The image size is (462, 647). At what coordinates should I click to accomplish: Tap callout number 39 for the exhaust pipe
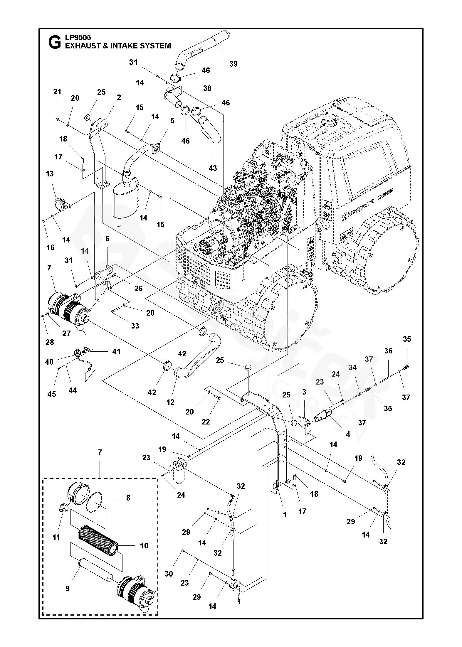pos(233,64)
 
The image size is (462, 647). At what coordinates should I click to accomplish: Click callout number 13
pos(50,173)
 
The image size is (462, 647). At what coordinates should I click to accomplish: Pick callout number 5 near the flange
pos(172,120)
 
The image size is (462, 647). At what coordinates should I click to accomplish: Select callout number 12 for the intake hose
pos(170,402)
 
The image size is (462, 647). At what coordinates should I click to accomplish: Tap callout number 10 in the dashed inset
pos(144,545)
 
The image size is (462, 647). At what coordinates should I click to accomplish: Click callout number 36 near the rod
pos(388,351)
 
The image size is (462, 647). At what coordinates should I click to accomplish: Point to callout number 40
pos(50,362)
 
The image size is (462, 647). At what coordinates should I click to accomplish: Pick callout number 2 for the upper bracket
pos(119,97)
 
